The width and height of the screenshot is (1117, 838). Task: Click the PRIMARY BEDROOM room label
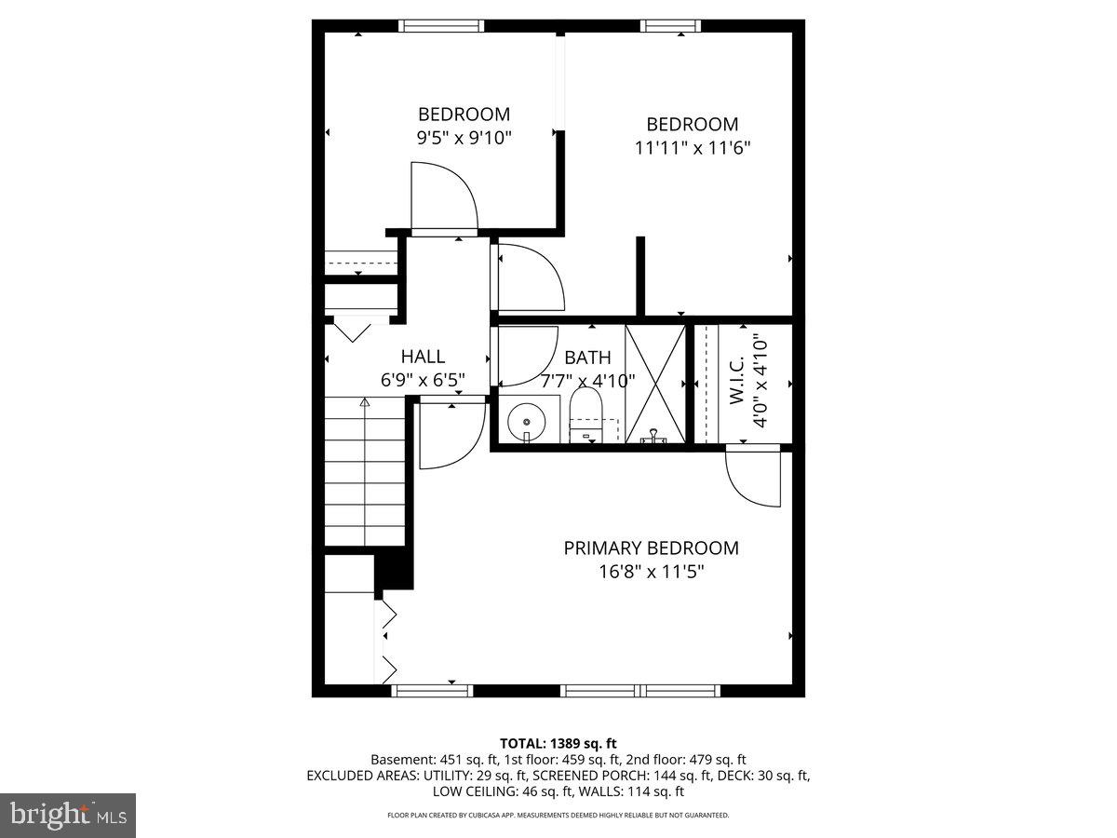(651, 548)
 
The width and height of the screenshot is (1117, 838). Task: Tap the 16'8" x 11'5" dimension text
(651, 571)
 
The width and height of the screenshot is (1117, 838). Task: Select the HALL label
(423, 356)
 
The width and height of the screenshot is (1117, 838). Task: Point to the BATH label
(587, 358)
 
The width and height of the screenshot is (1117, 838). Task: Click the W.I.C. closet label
(736, 381)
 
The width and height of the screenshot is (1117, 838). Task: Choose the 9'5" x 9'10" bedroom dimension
(464, 137)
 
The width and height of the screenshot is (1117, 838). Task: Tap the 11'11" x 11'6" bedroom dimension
(693, 147)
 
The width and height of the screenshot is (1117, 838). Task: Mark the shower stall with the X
(654, 383)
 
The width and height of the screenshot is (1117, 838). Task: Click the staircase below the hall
(363, 470)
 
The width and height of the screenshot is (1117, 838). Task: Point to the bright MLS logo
(67, 816)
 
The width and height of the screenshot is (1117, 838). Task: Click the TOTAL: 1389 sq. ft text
(558, 743)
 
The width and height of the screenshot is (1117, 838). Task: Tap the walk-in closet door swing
(755, 478)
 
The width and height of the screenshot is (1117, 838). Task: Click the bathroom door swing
(526, 356)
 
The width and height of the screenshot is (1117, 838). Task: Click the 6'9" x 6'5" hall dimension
(423, 380)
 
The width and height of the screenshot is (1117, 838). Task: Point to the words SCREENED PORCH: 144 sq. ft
(660, 775)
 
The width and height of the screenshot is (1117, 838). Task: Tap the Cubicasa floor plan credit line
(558, 815)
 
